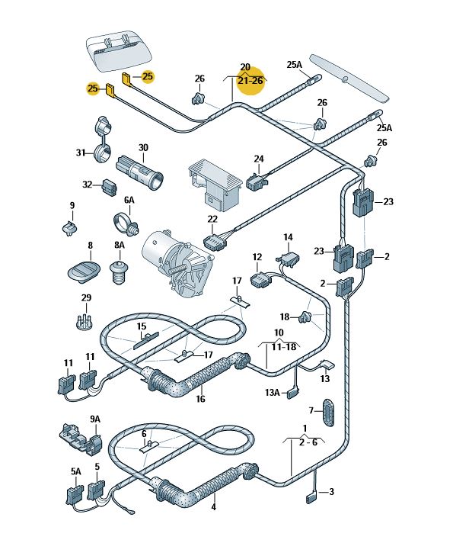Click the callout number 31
81,153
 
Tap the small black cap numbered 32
110,185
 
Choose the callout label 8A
119,246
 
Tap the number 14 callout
289,238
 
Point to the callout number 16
201,398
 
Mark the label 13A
272,394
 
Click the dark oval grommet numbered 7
329,414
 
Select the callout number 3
332,492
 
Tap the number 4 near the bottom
214,506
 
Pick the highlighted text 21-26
250,80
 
